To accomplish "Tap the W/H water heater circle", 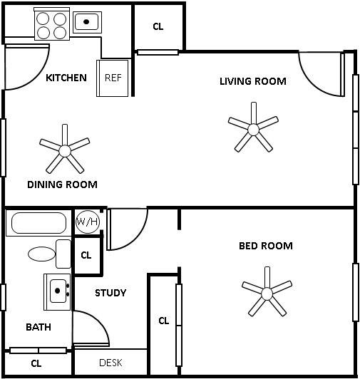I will pos(87,222).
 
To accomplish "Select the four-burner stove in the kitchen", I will pos(52,26).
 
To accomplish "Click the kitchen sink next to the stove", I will pos(87,22).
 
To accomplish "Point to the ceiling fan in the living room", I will pos(254,129).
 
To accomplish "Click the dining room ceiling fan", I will pos(64,150).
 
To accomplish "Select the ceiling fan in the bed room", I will pos(267,293).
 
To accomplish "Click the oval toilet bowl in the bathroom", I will pos(41,254).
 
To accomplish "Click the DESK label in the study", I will pos(110,363).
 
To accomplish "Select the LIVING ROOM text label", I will pos(252,81).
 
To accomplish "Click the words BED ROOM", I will pos(265,246).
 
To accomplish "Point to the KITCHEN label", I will pos(66,78).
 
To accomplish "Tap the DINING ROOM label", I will pos(62,185).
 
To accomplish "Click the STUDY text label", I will pos(110,293).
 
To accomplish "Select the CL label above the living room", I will pos(158,27).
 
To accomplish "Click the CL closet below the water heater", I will pos(86,255).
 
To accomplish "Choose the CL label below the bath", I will pos(36,363).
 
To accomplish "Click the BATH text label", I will pos(38,328).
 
